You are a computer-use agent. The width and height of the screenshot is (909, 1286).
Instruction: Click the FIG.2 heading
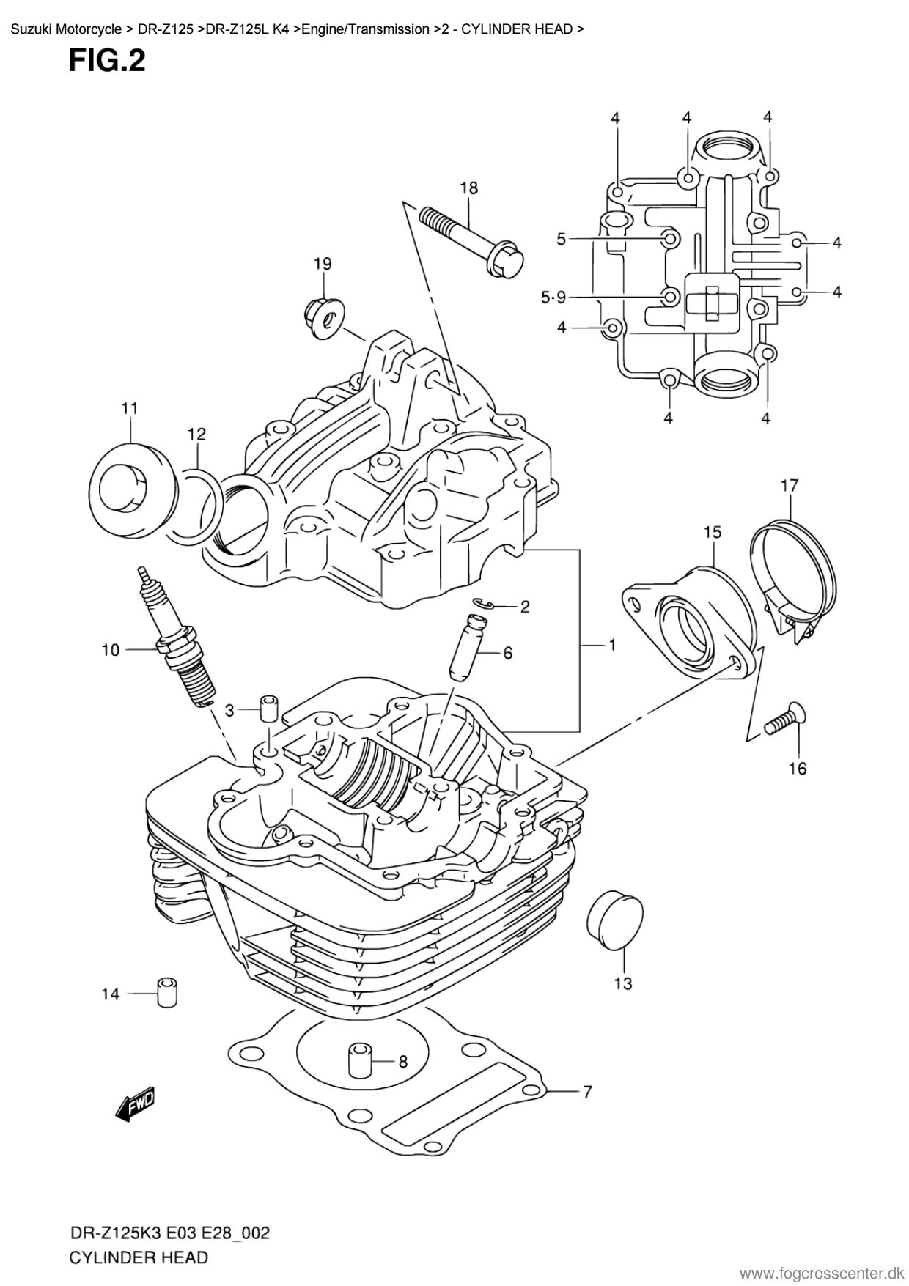tap(107, 62)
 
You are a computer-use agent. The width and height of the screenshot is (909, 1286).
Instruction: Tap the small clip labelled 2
tap(483, 604)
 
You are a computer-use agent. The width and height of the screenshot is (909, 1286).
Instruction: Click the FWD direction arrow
tap(136, 1104)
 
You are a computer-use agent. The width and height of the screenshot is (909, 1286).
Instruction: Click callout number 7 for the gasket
tap(587, 1093)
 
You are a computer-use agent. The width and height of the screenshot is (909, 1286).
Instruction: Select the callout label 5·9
tap(553, 298)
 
